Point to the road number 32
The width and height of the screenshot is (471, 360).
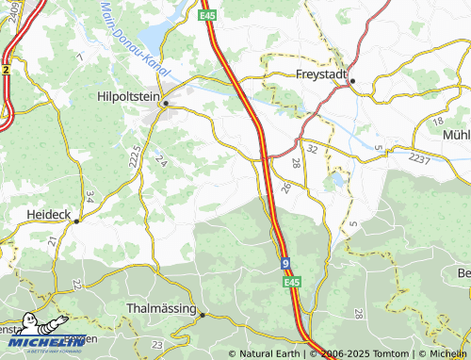(x=312, y=148)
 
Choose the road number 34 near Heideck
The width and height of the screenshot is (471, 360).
(x=89, y=197)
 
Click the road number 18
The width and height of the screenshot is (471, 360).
(x=436, y=123)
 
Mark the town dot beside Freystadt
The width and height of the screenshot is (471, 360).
(x=353, y=81)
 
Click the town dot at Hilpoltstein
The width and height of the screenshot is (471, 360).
(x=166, y=103)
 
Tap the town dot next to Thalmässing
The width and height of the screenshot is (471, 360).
(x=202, y=316)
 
